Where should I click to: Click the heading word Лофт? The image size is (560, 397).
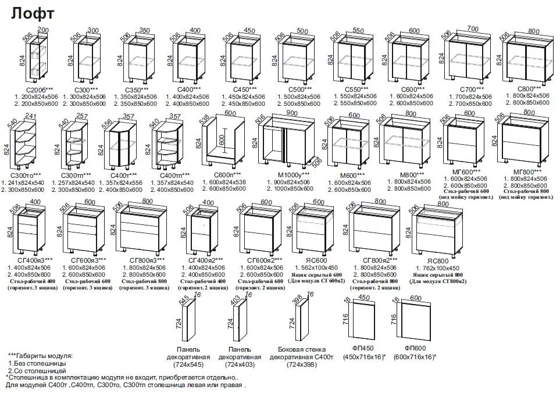(x=33, y=13)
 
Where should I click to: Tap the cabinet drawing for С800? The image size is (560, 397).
(x=528, y=59)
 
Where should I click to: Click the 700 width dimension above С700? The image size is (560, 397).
(x=472, y=28)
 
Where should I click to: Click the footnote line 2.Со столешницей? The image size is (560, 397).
(x=37, y=370)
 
